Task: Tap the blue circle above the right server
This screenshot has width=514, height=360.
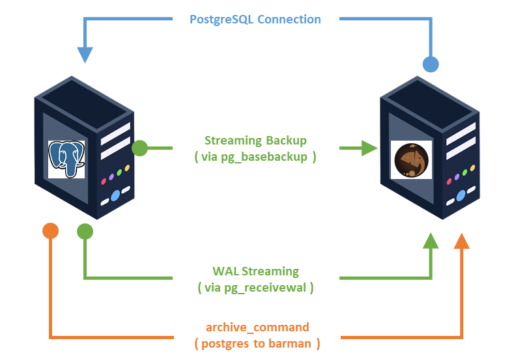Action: (x=431, y=64)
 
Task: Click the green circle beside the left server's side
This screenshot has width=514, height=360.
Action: (x=140, y=148)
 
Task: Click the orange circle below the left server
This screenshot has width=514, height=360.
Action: (x=50, y=230)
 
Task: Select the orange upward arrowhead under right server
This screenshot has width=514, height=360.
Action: (x=462, y=242)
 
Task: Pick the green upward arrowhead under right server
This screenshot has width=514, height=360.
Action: (x=431, y=242)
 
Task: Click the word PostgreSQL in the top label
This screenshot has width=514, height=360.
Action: (x=221, y=19)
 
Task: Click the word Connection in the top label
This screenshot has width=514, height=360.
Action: (x=289, y=19)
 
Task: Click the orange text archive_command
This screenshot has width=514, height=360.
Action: (x=257, y=327)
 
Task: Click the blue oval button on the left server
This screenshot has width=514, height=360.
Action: (x=115, y=195)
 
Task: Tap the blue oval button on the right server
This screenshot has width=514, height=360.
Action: (x=461, y=195)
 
